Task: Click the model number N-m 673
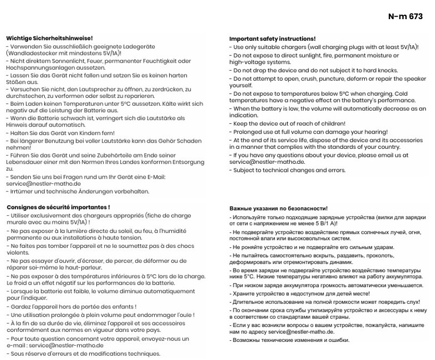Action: [x=405, y=16]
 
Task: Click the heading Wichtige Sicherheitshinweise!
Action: [x=49, y=38]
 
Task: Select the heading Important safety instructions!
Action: [x=272, y=39]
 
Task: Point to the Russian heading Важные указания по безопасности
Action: [x=279, y=208]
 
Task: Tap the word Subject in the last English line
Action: [x=246, y=170]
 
